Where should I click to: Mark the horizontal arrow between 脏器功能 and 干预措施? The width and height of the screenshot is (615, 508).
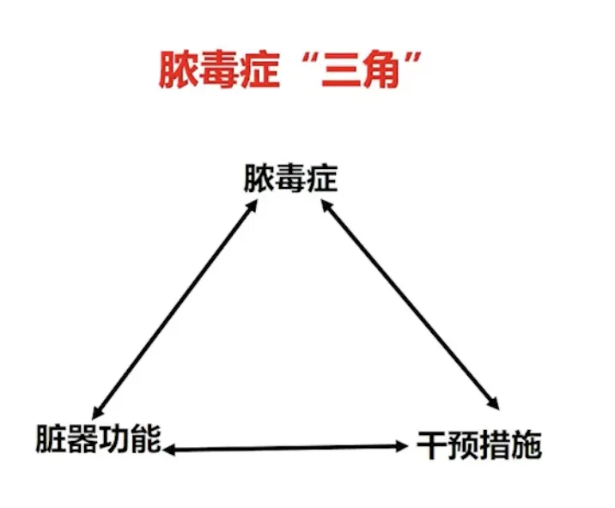point(286,447)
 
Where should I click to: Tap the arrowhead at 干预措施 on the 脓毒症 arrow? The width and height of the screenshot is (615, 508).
point(495,403)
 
